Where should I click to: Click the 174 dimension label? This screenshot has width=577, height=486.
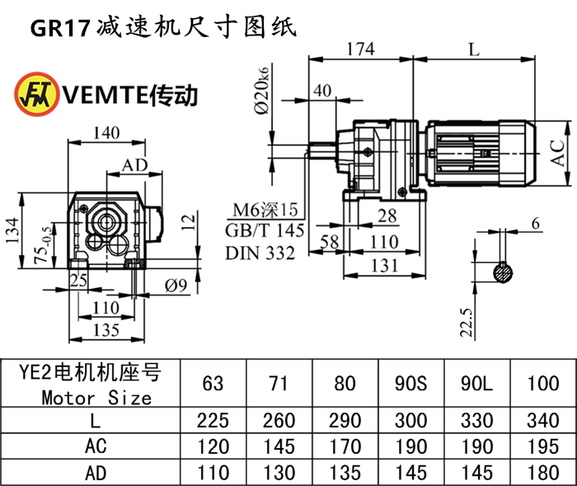pos(360,49)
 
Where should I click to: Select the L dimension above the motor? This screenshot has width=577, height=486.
pos(472,49)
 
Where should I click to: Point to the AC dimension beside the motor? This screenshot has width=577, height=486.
pos(559,153)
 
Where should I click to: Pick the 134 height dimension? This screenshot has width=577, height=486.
pos(11,232)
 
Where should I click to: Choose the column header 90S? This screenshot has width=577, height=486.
pos(410,383)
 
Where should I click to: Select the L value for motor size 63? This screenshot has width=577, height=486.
pos(213,421)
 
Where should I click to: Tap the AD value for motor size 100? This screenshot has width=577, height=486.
pos(542,472)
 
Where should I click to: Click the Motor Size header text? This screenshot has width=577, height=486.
pos(96,398)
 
